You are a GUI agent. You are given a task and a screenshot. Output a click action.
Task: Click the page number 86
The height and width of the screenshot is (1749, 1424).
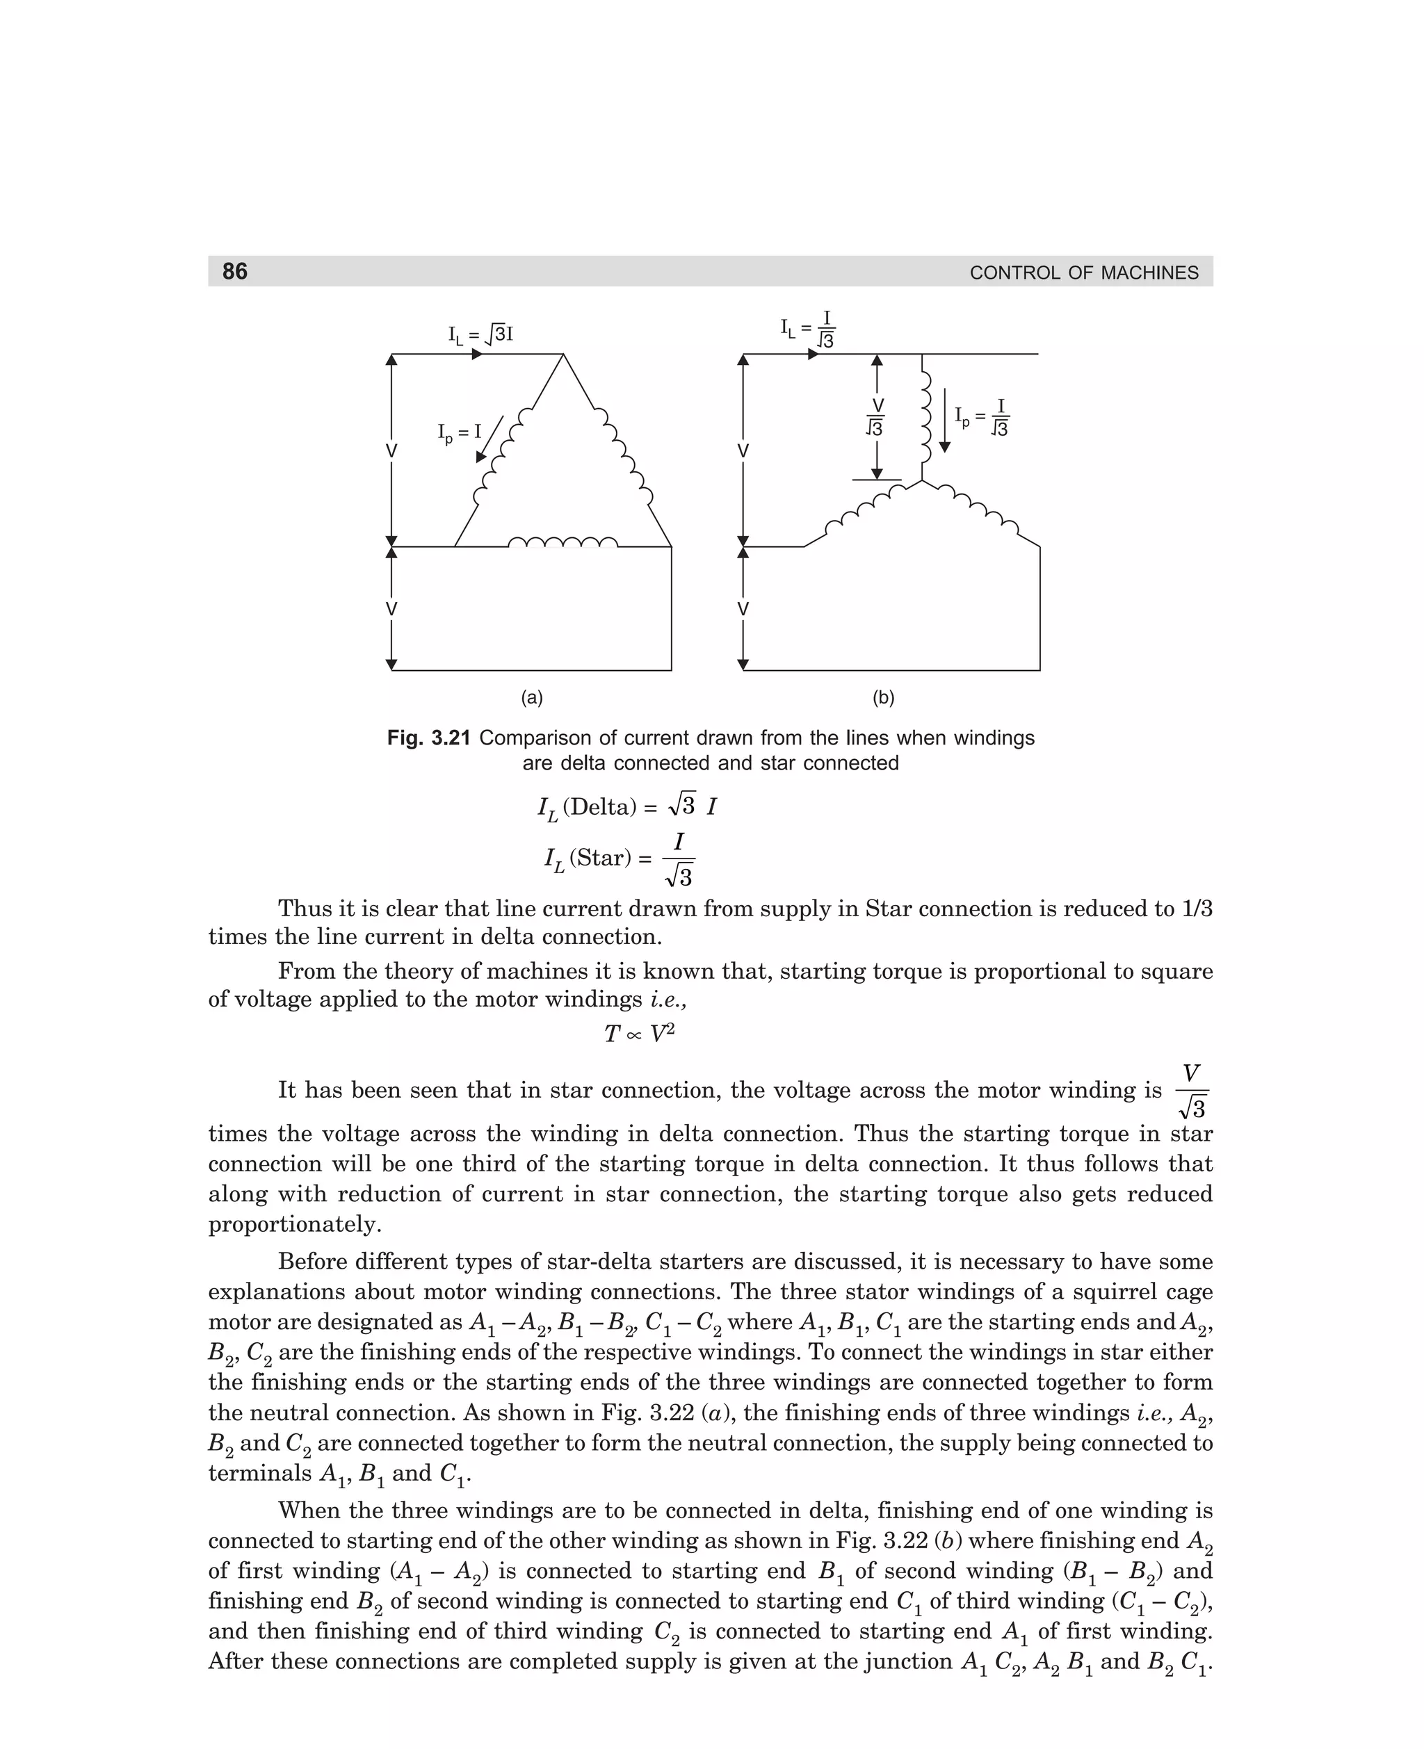tap(234, 271)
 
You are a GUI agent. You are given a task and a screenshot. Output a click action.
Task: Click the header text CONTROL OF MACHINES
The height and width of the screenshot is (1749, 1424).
tap(1083, 273)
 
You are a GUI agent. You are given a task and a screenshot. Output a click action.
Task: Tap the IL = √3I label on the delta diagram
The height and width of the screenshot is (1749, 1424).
tap(480, 334)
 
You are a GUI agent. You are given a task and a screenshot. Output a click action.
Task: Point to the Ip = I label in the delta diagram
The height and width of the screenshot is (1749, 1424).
tap(460, 431)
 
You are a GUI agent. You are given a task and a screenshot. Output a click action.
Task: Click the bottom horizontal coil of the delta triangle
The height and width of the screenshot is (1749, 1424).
tap(563, 542)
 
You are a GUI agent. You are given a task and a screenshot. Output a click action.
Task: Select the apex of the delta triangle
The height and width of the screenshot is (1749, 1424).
tap(563, 355)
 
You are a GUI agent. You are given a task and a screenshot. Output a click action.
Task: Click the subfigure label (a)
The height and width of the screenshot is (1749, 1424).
tap(533, 698)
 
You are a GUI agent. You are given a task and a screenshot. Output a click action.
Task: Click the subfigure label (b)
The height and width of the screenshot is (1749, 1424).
tap(884, 698)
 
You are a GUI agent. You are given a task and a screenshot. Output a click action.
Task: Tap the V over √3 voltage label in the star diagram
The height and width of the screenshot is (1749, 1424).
tap(876, 416)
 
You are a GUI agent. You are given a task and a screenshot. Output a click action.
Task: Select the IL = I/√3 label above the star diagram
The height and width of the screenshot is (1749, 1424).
tap(808, 328)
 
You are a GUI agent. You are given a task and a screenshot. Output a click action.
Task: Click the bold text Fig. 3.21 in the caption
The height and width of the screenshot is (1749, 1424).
tap(428, 738)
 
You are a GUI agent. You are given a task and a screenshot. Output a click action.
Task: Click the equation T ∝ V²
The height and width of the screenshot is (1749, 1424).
tap(639, 1034)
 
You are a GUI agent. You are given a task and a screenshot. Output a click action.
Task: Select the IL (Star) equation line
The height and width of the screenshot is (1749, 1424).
tap(620, 859)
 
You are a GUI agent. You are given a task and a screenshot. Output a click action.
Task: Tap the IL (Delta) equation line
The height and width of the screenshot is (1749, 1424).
tap(626, 807)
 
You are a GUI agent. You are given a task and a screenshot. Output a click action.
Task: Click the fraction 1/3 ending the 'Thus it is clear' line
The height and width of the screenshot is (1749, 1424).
tap(1197, 909)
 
